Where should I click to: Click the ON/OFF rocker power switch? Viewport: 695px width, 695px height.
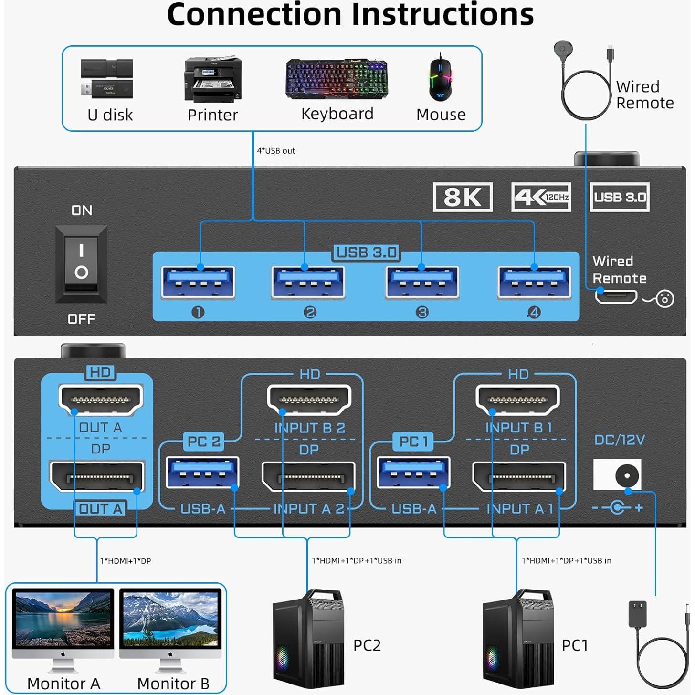81,263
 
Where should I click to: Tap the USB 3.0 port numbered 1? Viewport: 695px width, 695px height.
198,283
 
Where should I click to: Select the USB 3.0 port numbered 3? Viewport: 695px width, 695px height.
422,283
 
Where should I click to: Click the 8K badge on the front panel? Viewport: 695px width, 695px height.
462,197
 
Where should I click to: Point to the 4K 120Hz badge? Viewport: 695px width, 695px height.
541,197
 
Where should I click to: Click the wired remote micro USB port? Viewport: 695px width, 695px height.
616,296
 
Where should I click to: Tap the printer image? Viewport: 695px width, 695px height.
213,79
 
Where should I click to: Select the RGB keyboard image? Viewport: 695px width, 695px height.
337,79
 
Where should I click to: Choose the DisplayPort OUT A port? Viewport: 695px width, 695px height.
97,476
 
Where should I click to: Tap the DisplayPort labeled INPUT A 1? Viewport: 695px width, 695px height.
519,476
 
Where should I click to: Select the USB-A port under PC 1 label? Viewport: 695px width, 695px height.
413,473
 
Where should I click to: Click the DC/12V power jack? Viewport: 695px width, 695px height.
623,475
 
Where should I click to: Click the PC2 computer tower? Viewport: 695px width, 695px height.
308,640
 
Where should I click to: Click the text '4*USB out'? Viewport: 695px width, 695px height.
276,151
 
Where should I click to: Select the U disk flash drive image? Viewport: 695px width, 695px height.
106,79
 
